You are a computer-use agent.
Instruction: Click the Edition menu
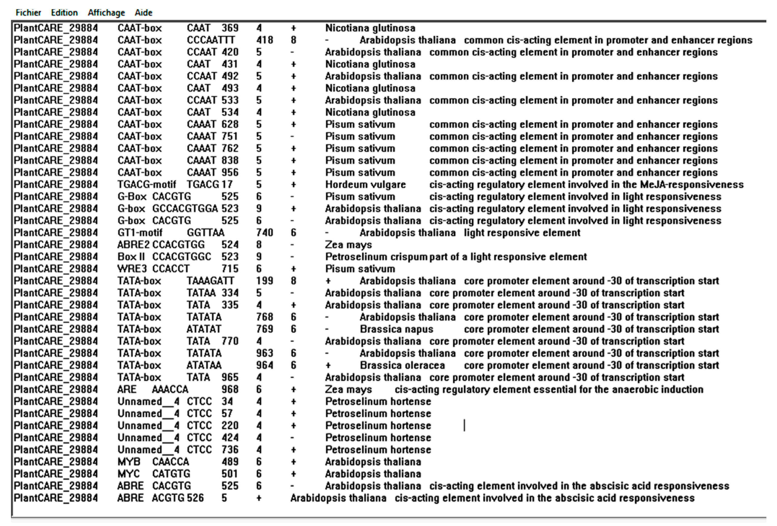[64, 13]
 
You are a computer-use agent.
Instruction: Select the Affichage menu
[106, 13]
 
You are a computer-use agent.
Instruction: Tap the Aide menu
[143, 13]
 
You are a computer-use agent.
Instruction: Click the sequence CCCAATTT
[211, 40]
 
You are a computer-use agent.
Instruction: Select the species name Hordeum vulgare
[365, 184]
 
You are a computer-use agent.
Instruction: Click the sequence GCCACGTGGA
[185, 209]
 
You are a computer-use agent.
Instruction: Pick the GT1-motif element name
[140, 233]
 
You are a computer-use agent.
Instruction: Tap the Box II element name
[131, 257]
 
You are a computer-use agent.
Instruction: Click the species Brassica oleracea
[402, 365]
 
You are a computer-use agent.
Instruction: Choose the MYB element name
[129, 462]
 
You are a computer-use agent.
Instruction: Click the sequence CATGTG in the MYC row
[171, 474]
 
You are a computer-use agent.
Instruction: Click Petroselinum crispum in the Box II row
[376, 257]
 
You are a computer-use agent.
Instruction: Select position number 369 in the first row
[230, 28]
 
